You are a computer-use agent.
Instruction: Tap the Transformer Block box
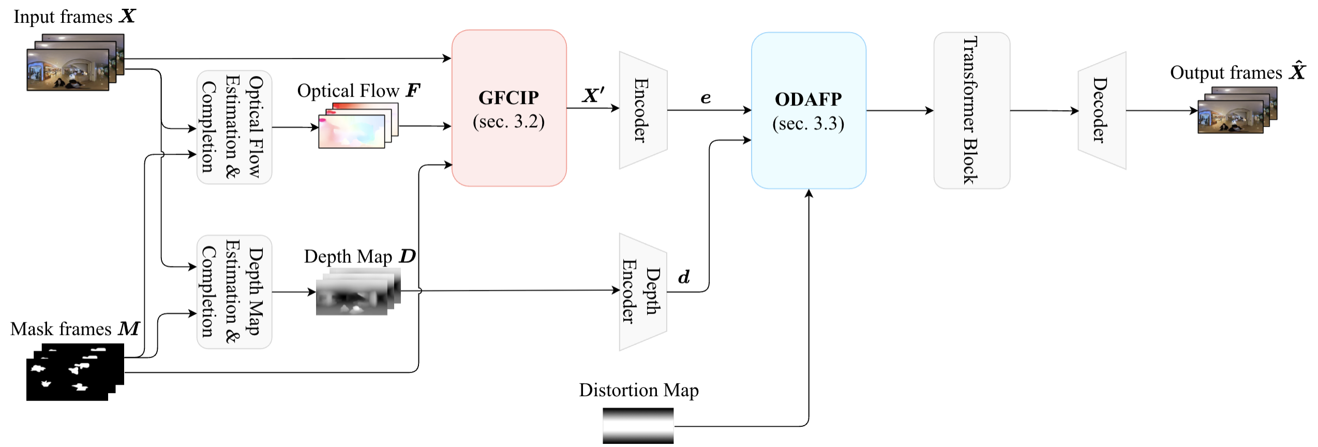(971, 110)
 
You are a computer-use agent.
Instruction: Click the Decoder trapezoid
(1102, 110)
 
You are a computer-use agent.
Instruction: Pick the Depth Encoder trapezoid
(642, 292)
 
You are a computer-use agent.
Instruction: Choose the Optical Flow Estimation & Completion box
(234, 127)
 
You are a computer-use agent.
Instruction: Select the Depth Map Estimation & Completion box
(234, 292)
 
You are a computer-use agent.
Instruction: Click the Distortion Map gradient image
(638, 425)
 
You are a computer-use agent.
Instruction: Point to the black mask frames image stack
(74, 371)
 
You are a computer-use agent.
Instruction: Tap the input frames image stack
(74, 63)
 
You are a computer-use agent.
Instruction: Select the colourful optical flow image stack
(358, 126)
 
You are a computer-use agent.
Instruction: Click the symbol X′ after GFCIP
(593, 95)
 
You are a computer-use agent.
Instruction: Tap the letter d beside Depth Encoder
(684, 277)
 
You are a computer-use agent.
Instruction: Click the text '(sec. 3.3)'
(808, 124)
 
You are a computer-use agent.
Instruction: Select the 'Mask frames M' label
(75, 329)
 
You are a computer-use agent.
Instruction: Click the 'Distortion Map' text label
(639, 390)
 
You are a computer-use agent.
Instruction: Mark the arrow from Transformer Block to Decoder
(1044, 110)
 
